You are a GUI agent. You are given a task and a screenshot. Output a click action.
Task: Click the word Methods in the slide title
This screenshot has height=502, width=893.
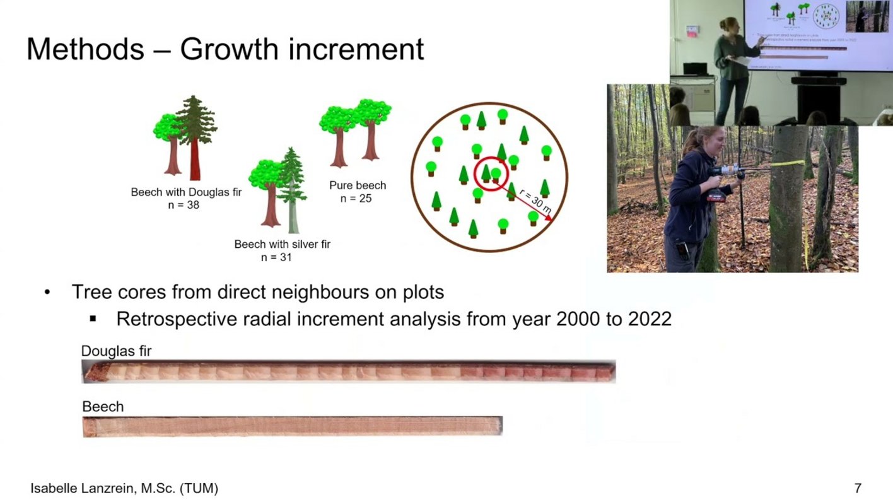click(85, 49)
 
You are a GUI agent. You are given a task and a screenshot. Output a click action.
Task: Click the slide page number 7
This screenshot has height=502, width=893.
click(858, 488)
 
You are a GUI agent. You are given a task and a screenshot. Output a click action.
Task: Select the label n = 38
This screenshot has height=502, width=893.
click(184, 205)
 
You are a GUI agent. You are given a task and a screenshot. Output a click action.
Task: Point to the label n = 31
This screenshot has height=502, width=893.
click(276, 257)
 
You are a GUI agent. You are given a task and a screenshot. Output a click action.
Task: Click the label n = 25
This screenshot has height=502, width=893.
click(356, 198)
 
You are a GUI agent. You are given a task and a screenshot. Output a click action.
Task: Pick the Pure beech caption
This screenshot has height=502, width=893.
click(358, 185)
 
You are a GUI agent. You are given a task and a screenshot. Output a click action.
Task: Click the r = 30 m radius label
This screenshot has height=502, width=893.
click(535, 201)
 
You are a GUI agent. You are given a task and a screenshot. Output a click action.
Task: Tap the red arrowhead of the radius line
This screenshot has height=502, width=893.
click(549, 218)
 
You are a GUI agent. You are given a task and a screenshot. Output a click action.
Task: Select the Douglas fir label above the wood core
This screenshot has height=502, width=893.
click(116, 351)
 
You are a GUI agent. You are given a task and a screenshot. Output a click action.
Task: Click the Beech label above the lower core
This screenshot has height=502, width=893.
click(103, 407)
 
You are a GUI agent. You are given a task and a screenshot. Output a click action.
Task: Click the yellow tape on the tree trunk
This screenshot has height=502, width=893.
click(788, 163)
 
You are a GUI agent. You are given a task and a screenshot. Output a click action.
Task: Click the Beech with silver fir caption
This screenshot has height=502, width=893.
click(283, 244)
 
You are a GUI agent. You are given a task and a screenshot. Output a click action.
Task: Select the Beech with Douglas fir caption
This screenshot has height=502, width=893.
click(186, 192)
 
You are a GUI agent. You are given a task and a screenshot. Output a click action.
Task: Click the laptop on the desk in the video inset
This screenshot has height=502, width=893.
click(695, 69)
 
